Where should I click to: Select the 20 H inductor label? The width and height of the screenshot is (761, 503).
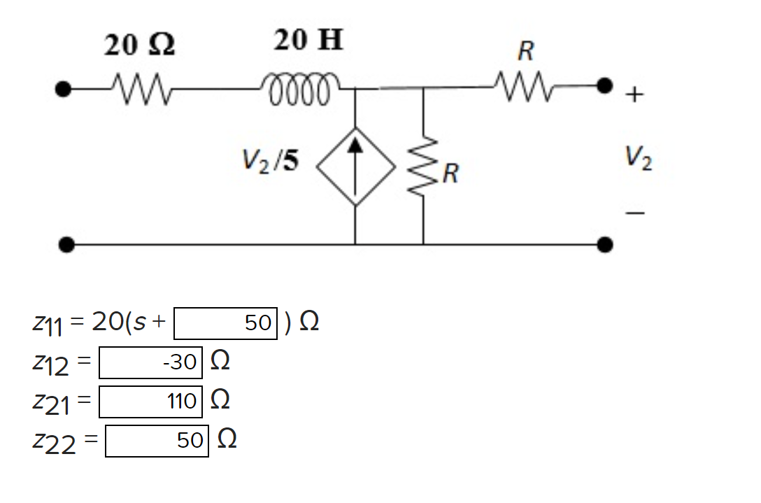click(308, 41)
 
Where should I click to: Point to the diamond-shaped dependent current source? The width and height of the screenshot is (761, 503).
click(355, 167)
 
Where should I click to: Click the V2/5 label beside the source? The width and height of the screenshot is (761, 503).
click(269, 162)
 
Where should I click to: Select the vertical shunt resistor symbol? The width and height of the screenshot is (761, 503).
click(422, 167)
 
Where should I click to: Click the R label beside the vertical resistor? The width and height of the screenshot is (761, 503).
click(450, 172)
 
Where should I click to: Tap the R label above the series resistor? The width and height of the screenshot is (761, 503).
click(525, 50)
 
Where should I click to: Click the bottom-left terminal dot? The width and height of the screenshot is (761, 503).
click(66, 244)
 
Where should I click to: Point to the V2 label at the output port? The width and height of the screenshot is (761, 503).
click(640, 160)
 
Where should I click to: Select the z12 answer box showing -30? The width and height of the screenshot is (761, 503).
click(150, 362)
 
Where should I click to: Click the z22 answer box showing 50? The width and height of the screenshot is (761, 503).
click(157, 440)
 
